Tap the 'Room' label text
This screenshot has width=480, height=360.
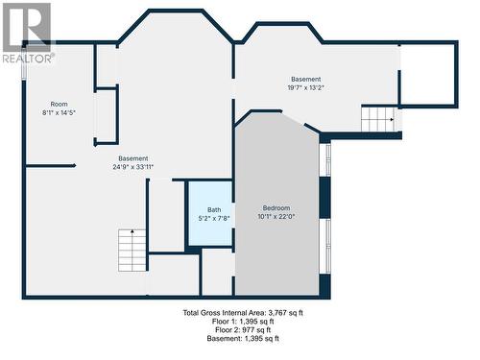click(59, 104)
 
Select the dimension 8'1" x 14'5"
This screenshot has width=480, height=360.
click(59, 113)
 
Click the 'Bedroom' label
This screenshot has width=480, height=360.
click(276, 208)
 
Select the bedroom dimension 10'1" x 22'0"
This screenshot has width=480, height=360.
click(276, 217)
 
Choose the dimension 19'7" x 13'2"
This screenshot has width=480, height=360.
click(305, 88)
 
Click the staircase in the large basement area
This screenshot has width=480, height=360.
click(132, 250)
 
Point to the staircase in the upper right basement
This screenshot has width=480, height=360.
click(378, 119)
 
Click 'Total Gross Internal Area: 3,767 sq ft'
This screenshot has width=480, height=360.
click(243, 313)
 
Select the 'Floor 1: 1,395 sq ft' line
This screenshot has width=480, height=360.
click(243, 322)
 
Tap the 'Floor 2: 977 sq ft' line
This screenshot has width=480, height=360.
click(243, 330)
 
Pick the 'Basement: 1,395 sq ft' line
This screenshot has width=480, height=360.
click(243, 339)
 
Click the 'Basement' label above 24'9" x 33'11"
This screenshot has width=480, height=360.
click(133, 158)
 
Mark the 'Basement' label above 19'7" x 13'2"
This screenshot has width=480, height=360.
click(305, 80)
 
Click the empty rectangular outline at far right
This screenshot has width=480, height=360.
click(428, 74)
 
